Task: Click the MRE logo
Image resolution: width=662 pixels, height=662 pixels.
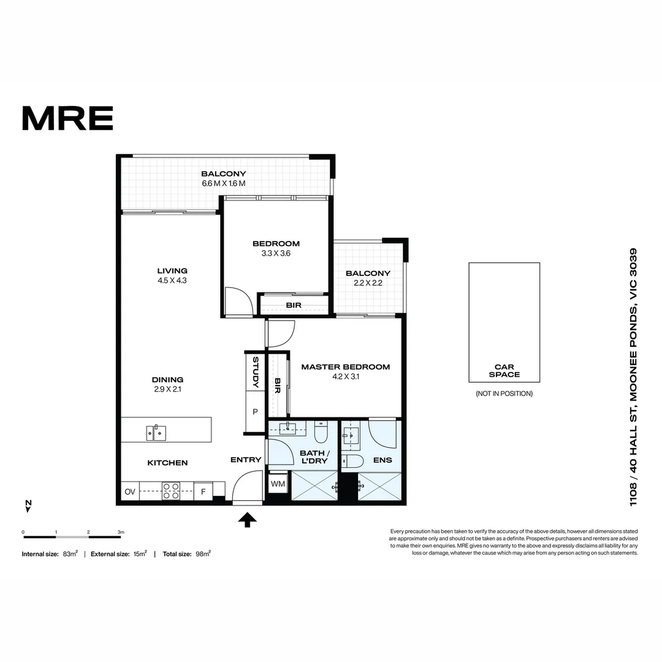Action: [67, 118]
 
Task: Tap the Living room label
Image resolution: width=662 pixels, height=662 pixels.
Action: [172, 270]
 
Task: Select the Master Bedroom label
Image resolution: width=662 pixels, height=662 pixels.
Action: [345, 367]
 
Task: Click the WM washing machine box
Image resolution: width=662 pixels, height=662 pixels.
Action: [278, 484]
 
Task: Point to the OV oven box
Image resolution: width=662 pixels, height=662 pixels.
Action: [130, 492]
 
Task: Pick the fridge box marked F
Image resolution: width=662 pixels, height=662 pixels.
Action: [203, 491]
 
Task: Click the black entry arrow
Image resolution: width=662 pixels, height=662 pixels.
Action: [247, 520]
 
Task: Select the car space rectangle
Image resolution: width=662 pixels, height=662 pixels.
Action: [504, 322]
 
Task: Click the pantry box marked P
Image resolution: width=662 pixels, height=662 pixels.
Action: [255, 412]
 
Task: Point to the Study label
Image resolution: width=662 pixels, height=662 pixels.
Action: [256, 372]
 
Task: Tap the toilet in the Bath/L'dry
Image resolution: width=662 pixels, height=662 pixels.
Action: [321, 433]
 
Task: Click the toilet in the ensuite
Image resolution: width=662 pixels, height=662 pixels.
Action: [354, 461]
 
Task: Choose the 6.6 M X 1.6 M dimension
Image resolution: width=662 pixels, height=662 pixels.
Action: [223, 183]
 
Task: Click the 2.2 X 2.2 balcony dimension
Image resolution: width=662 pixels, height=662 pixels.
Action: [368, 283]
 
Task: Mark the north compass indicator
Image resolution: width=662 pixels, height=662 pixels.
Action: [28, 506]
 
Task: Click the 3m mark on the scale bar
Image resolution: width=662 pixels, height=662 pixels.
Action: [121, 531]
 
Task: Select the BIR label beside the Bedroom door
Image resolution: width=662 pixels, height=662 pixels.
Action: [293, 305]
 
